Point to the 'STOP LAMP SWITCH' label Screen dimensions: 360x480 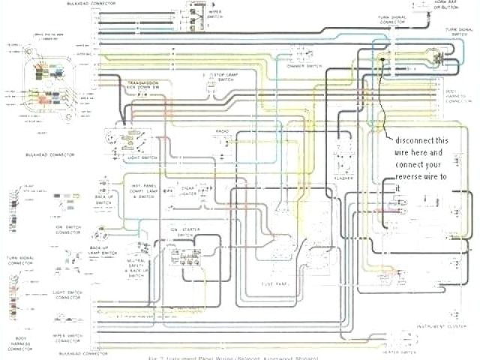click(223, 80)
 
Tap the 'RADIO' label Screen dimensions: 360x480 click(223, 132)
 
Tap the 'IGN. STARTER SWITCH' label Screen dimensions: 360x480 click(182, 230)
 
